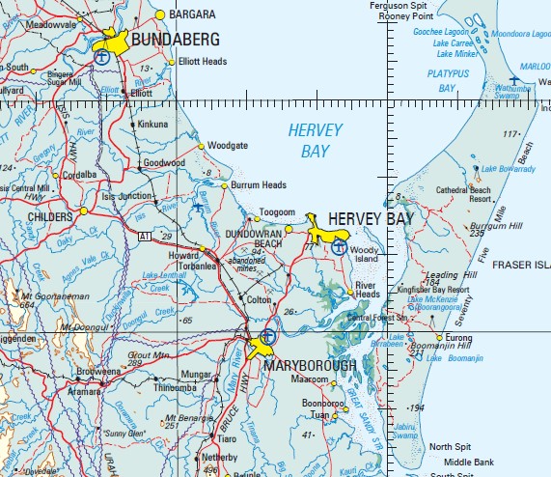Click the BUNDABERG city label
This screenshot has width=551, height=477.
[175, 40]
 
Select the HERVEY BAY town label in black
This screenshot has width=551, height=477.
[370, 219]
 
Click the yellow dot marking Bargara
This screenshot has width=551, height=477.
[160, 15]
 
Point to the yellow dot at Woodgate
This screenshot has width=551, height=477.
[202, 146]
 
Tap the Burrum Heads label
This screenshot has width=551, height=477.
[261, 184]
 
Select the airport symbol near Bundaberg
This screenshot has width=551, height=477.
[101, 56]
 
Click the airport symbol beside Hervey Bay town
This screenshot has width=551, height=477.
[338, 247]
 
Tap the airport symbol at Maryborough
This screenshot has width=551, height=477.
[268, 337]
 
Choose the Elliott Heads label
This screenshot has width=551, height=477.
[203, 62]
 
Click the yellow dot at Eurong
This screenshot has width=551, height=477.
[439, 337]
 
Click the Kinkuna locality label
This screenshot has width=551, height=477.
[152, 125]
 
